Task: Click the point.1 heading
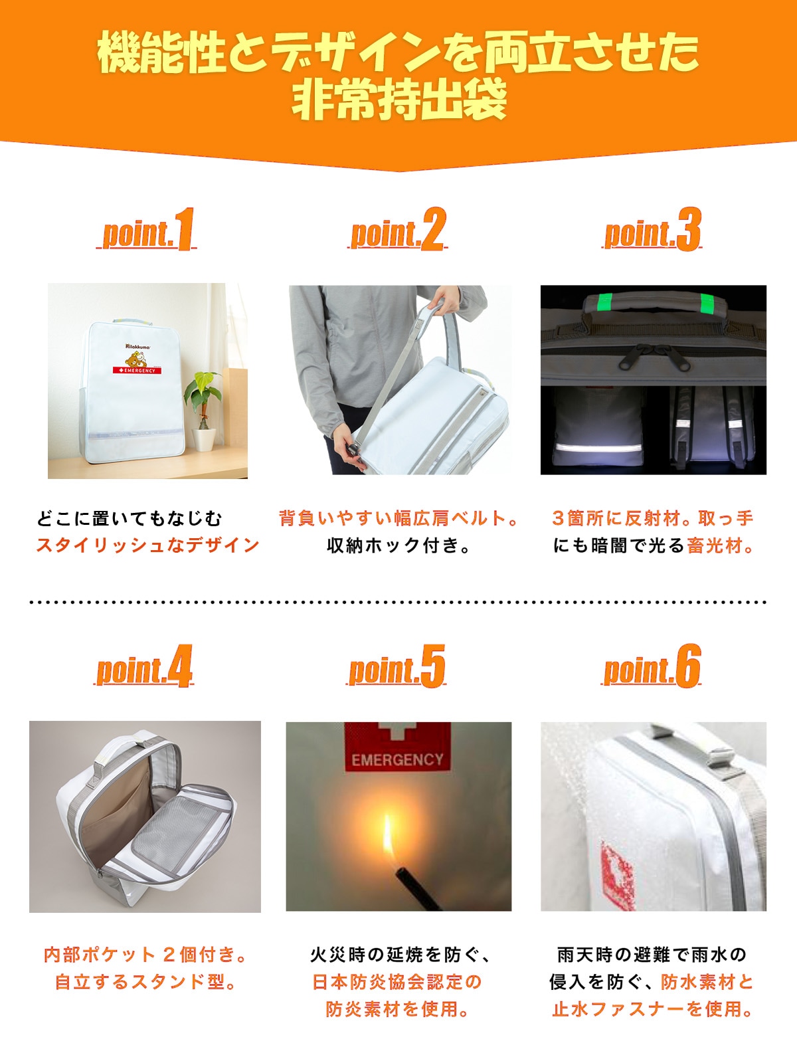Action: (x=147, y=230)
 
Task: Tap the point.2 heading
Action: (x=397, y=230)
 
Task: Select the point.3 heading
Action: (x=652, y=230)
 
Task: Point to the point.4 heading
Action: (x=143, y=666)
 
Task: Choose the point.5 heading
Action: (x=397, y=666)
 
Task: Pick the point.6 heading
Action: (x=651, y=666)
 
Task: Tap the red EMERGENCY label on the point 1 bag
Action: (x=137, y=371)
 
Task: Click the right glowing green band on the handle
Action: (x=708, y=304)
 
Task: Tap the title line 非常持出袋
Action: (x=398, y=100)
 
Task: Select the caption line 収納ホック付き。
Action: (x=398, y=545)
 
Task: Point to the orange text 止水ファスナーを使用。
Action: (x=652, y=1009)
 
